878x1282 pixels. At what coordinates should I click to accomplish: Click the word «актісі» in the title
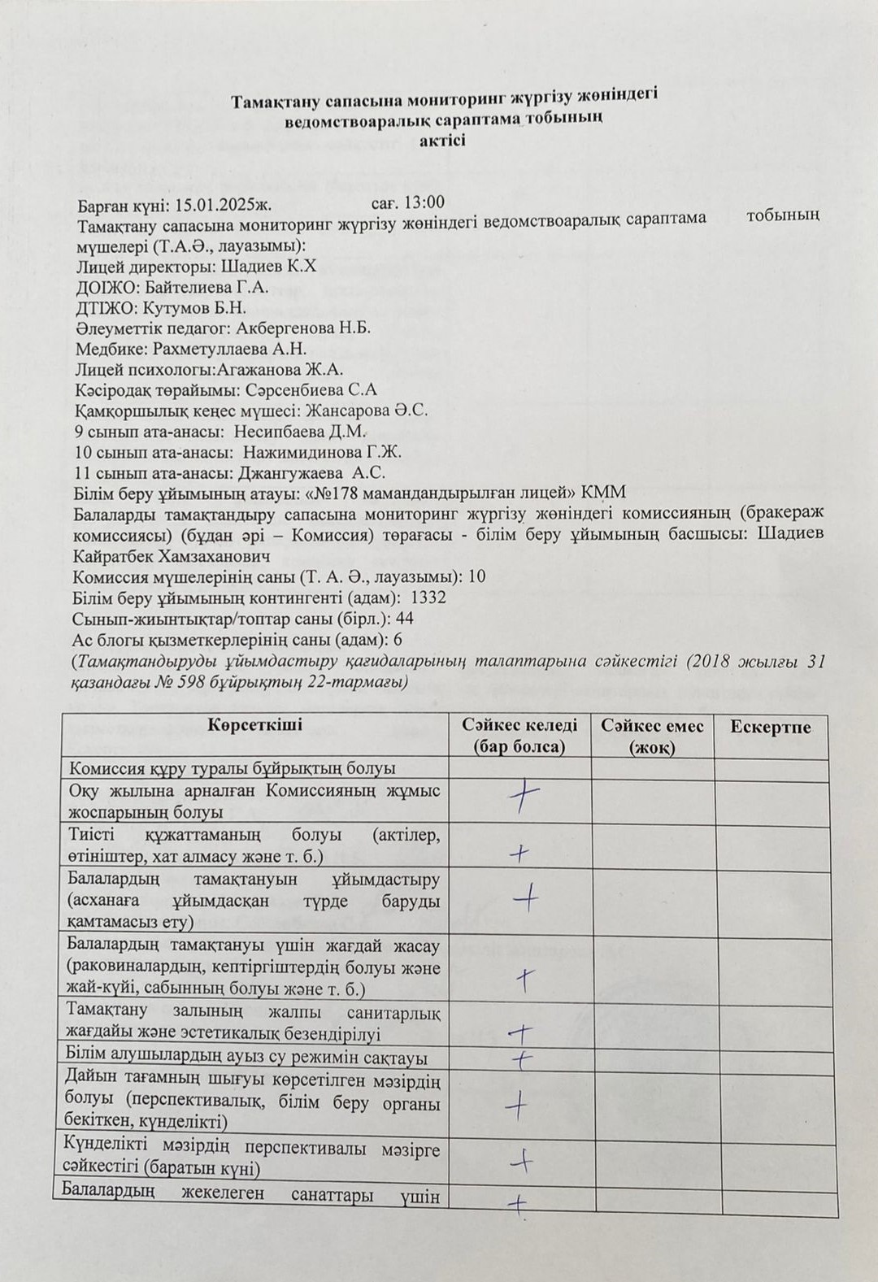[443, 140]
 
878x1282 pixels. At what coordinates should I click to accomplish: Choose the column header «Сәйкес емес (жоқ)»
[652, 736]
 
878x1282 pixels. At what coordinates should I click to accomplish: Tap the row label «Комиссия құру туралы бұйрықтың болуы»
[233, 768]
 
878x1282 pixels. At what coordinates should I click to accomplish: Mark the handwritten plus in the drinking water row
[520, 1058]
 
